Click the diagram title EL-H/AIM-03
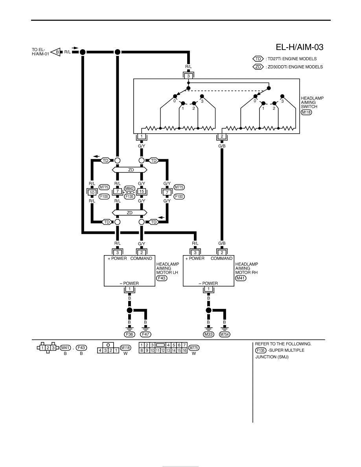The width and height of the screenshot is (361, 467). [299, 47]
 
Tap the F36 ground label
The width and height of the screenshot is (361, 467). [129, 334]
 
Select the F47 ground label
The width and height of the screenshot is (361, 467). [146, 334]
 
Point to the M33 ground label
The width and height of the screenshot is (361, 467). [208, 334]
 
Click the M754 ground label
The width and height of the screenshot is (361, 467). [225, 334]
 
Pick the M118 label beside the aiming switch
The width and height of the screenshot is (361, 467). [306, 112]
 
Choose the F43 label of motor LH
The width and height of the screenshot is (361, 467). [162, 278]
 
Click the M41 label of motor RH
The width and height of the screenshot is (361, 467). [241, 278]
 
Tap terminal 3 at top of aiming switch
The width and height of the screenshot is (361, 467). [188, 76]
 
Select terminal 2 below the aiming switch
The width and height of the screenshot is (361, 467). [222, 136]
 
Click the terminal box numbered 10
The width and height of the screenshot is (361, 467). [92, 192]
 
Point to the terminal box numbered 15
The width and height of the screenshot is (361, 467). [142, 191]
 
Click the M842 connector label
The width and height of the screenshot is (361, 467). [129, 188]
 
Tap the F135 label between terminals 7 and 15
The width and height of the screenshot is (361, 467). [129, 197]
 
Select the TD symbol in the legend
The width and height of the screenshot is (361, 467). [258, 59]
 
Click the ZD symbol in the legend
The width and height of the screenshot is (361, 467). [258, 67]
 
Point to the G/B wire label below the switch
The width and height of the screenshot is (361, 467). [222, 146]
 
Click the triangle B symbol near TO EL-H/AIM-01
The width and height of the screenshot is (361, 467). [56, 52]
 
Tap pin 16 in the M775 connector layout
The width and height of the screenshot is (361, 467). [185, 351]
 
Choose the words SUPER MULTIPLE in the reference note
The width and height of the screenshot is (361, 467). [287, 350]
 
